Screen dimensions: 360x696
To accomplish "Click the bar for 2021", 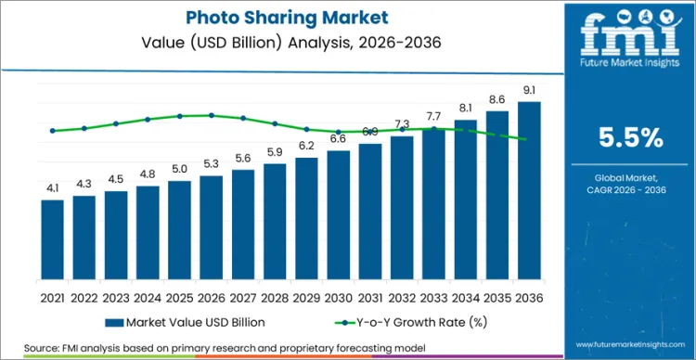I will click(52, 239).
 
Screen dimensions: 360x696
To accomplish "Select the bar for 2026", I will click(212, 227).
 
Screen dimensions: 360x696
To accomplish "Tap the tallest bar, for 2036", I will click(529, 190).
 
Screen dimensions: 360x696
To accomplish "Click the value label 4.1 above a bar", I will click(52, 188).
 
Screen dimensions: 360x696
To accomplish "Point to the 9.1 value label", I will click(529, 90).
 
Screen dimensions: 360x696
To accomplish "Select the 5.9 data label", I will click(275, 152).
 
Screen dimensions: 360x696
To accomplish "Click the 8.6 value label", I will click(497, 99).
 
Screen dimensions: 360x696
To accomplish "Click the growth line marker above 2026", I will click(212, 115).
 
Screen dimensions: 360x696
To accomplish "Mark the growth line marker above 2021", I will click(52, 131).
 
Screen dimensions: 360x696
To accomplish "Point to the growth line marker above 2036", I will click(529, 139).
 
